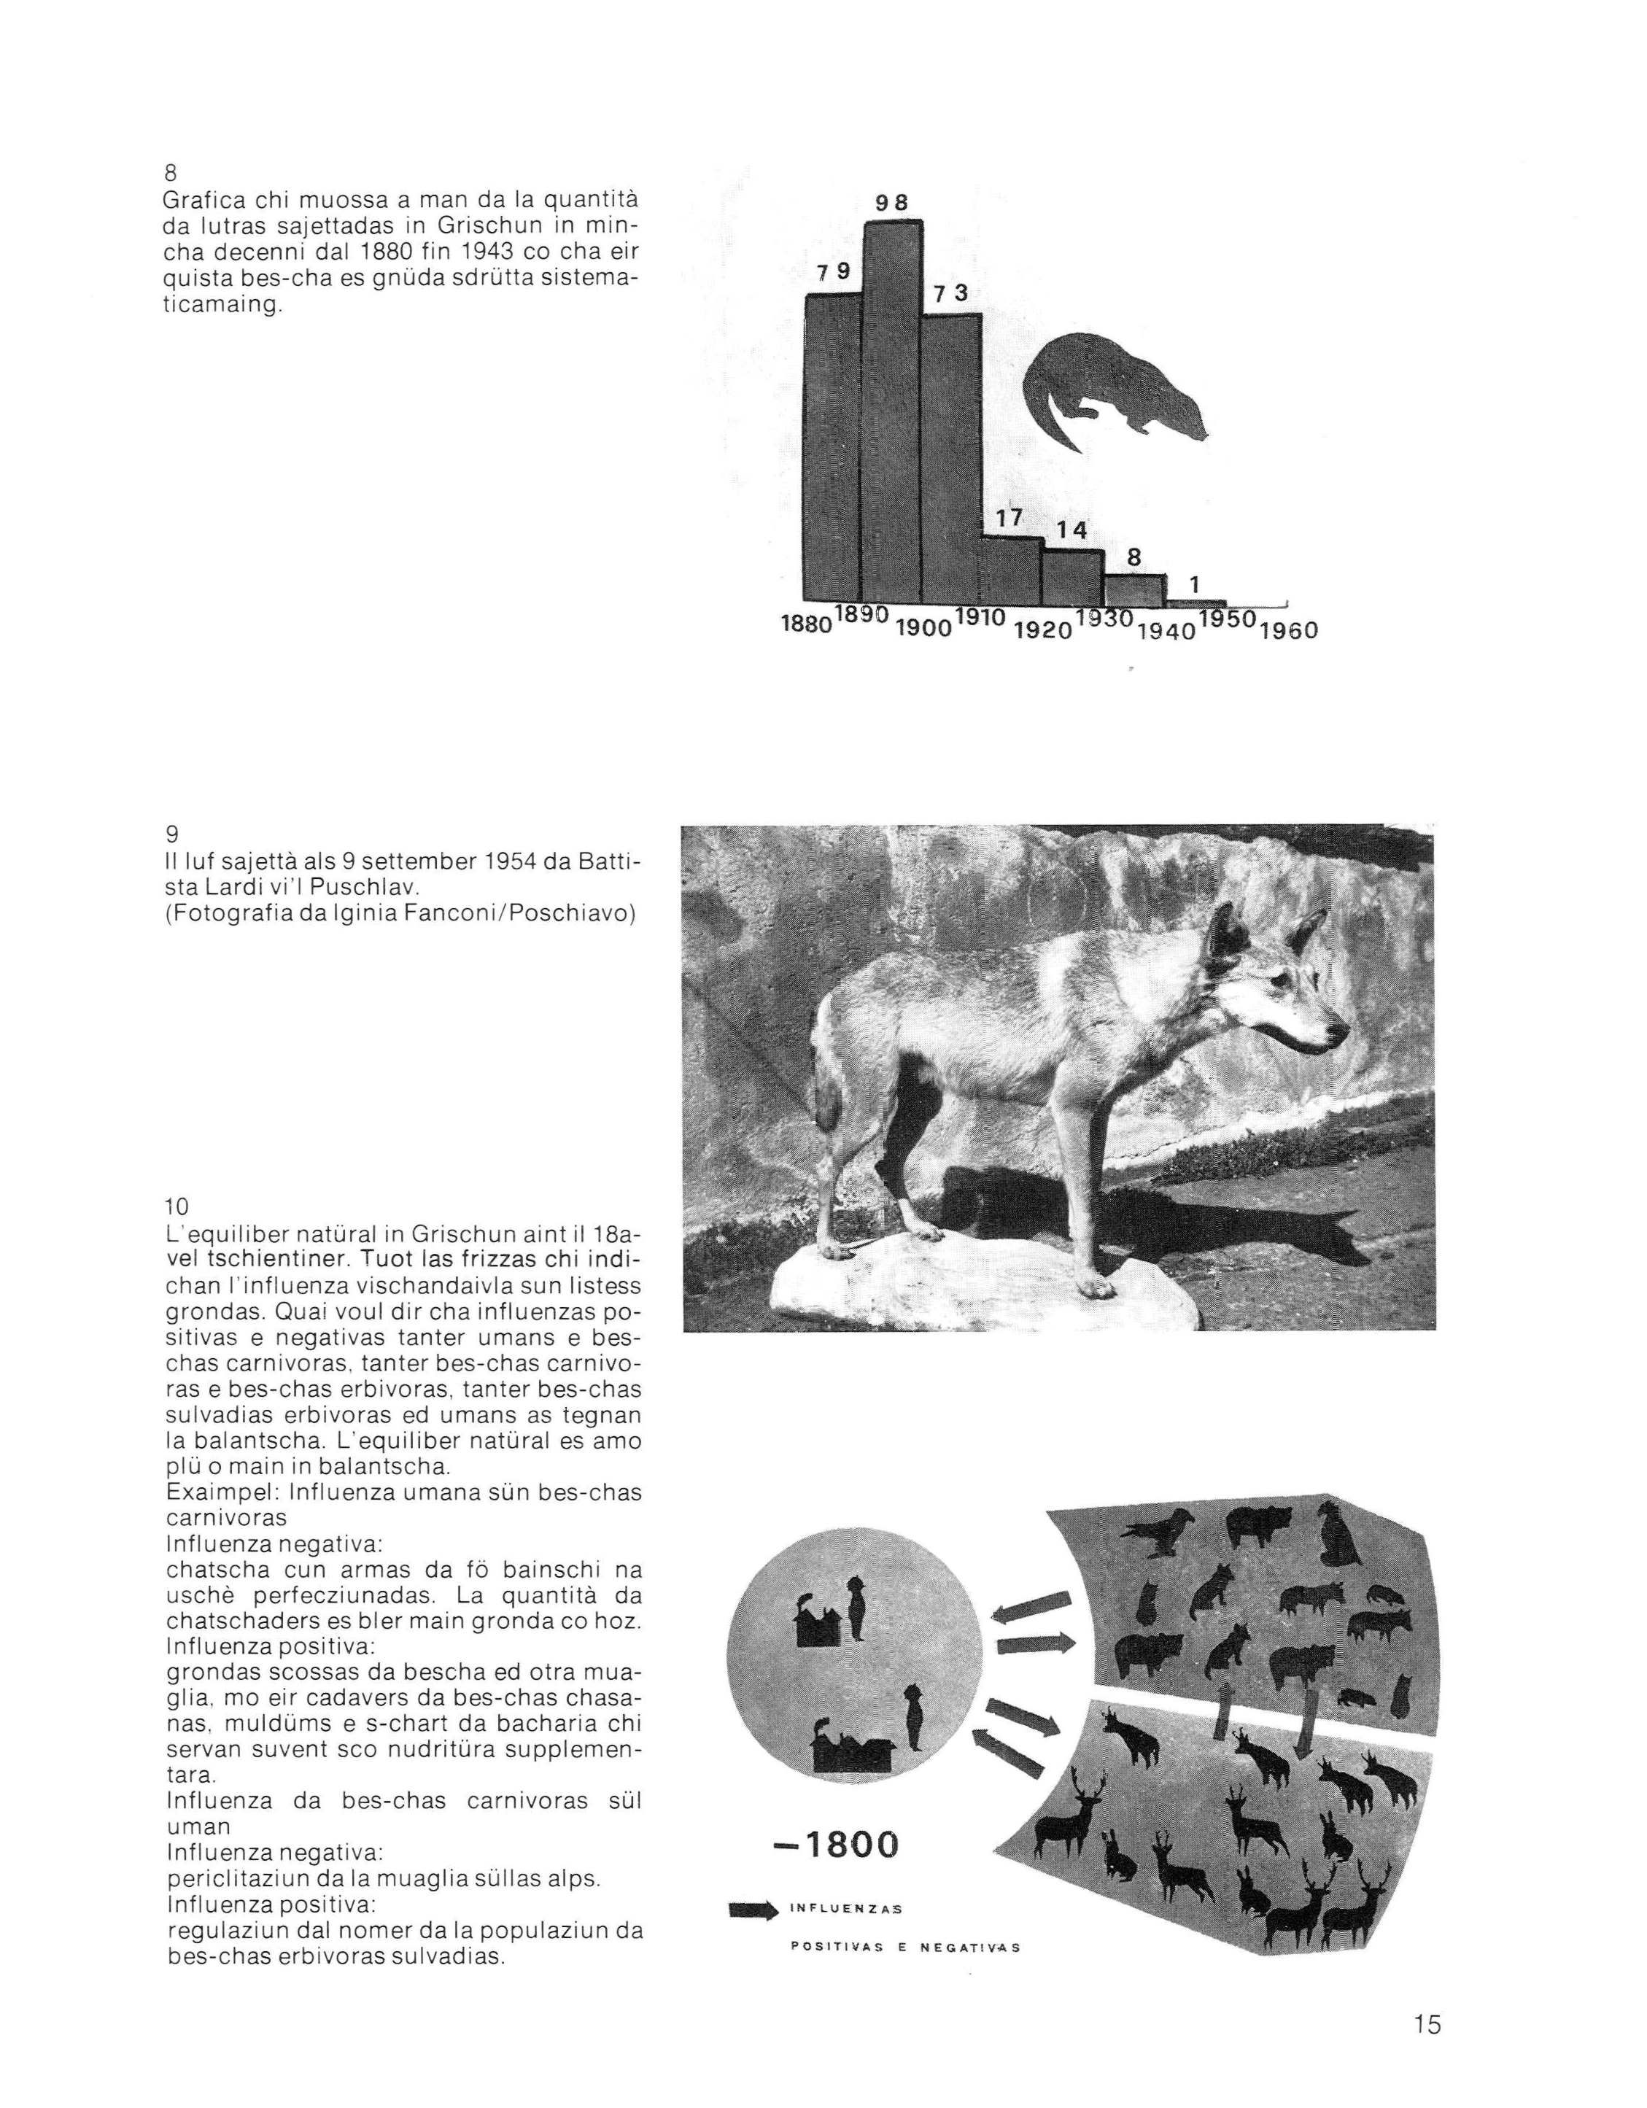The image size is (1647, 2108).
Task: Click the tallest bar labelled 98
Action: (892, 410)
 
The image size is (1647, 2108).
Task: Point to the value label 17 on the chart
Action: (1009, 517)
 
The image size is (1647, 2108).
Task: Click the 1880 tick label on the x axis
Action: (805, 624)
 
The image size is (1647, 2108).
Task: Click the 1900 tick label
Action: (922, 628)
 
